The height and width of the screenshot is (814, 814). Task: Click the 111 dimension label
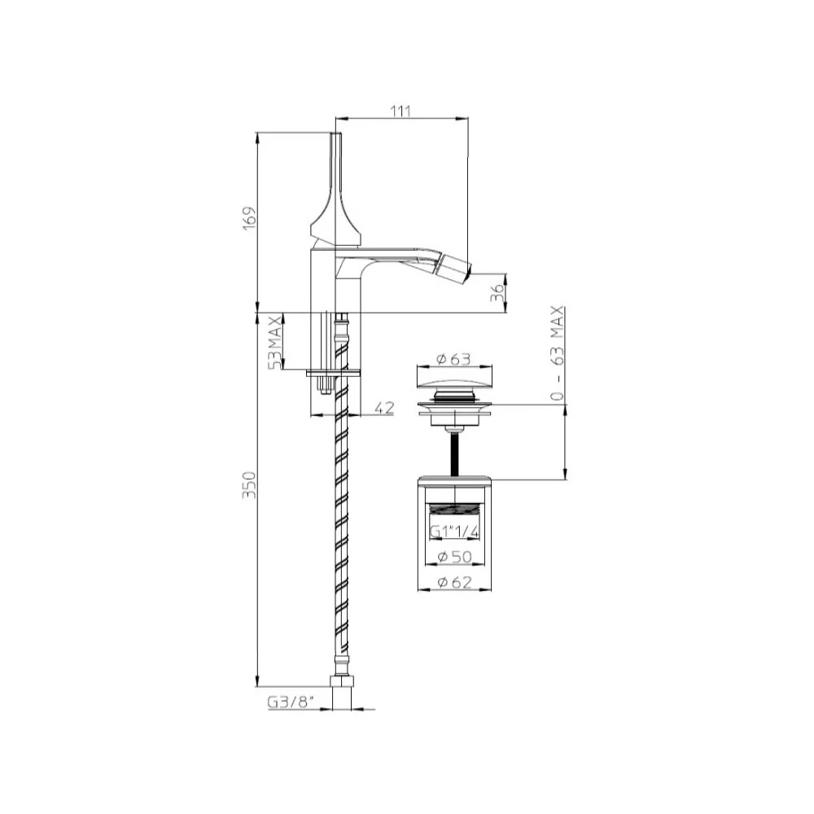pos(400,111)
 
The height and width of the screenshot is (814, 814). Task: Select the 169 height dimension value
pos(250,218)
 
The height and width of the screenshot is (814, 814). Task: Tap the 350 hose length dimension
pos(250,485)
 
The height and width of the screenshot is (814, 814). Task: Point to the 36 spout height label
pos(497,293)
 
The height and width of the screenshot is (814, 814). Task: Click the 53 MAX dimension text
pos(274,342)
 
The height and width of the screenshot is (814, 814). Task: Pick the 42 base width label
pos(384,408)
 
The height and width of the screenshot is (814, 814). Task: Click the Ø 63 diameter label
pos(453,359)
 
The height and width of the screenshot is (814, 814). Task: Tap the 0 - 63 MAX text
pos(557,353)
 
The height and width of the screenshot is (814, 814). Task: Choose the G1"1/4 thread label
pos(454,532)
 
